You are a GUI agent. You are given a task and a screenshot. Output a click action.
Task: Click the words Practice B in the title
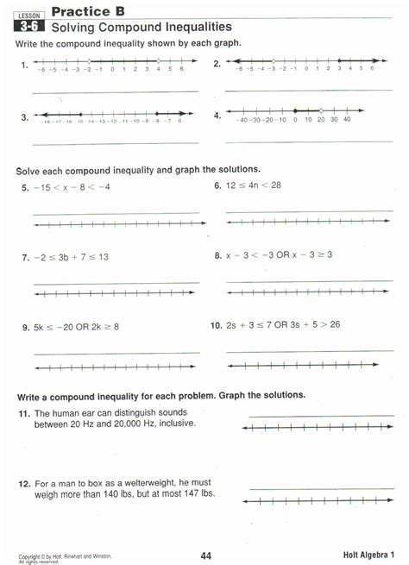[x=88, y=11]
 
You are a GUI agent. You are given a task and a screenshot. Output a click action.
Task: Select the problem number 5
[x=26, y=187]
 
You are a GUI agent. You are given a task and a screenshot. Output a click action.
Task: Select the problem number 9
[x=26, y=328]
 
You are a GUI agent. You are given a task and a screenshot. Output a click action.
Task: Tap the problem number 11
[x=25, y=414]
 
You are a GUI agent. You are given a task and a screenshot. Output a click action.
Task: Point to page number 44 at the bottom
[x=205, y=555]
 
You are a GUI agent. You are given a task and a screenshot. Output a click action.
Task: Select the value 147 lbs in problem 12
[x=198, y=493]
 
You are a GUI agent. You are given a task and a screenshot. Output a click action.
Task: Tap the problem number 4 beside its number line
[x=217, y=116]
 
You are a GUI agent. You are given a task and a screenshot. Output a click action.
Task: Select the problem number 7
[x=26, y=258]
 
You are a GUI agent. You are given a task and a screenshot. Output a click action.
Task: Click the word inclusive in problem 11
[x=175, y=424]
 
